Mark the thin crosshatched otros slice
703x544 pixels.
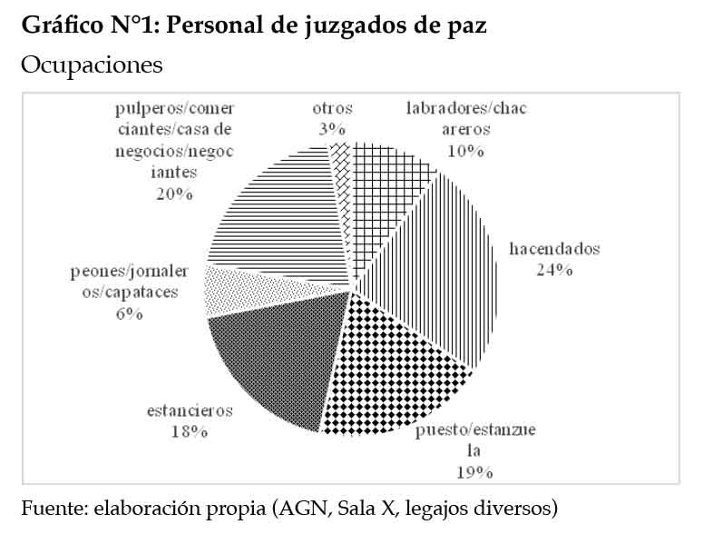click(341, 168)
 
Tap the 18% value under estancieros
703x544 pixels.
click(190, 431)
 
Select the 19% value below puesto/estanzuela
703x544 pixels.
click(474, 471)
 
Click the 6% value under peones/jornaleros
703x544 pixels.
click(130, 313)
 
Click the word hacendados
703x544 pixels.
click(554, 248)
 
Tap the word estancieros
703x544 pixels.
click(190, 410)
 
